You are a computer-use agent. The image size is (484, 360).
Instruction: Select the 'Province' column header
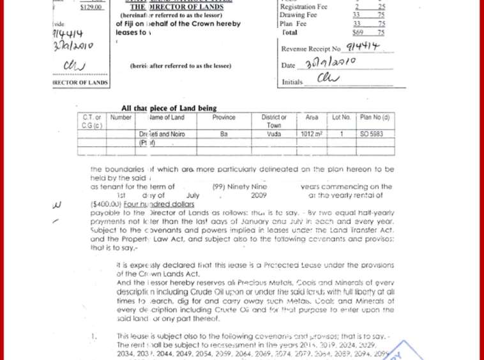click(223, 117)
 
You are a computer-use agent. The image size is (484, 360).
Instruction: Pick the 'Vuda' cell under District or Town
click(274, 135)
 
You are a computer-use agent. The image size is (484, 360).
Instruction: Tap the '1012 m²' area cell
click(312, 135)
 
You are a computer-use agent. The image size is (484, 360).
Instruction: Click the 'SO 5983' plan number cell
click(372, 135)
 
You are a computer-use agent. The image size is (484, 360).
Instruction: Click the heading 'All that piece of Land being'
click(169, 109)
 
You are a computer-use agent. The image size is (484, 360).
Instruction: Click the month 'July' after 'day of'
click(193, 195)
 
